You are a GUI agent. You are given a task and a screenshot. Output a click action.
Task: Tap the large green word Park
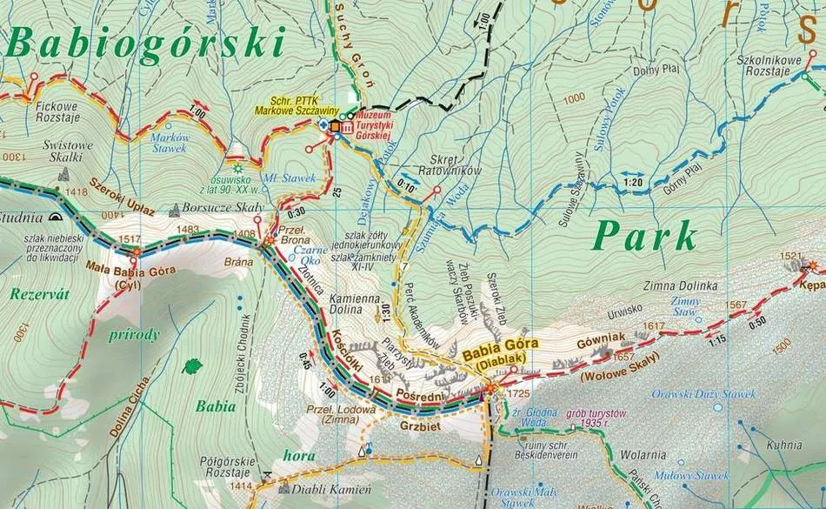coord(647,237)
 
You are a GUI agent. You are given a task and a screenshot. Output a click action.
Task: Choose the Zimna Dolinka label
coord(680,285)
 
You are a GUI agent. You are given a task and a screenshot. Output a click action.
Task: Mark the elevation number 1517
coord(130,239)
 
